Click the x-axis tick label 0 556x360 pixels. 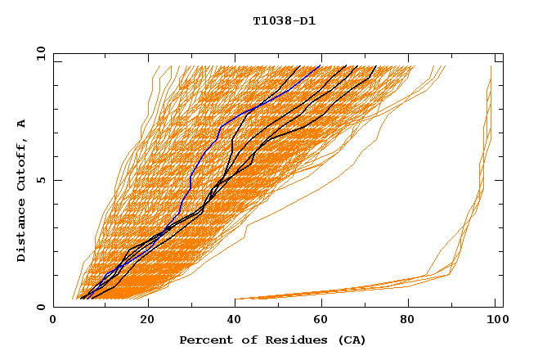click(x=53, y=321)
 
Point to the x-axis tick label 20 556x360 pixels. click(x=147, y=321)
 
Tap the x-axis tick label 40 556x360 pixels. click(x=235, y=321)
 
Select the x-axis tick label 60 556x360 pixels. click(x=325, y=321)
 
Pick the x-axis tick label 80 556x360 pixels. click(x=413, y=321)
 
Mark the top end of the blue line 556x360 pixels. click(x=320, y=66)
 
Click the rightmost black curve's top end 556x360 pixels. click(x=375, y=66)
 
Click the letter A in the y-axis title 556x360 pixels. click(x=22, y=124)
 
